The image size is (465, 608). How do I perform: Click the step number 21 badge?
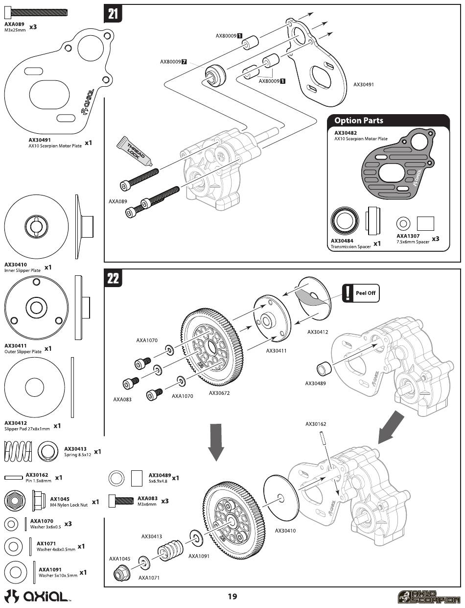click(114, 14)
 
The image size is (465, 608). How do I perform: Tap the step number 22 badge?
click(114, 278)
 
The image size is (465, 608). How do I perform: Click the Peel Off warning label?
click(361, 293)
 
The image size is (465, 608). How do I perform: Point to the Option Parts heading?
click(359, 121)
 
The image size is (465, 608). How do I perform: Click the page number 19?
click(232, 596)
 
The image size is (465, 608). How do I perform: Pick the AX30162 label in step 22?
click(316, 424)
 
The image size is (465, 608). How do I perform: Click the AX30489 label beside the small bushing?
click(315, 383)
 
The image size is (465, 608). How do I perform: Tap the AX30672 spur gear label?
click(219, 392)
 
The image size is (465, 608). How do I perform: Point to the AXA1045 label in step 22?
click(119, 559)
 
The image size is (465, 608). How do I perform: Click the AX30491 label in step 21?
click(364, 84)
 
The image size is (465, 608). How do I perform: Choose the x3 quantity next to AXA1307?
click(436, 239)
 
